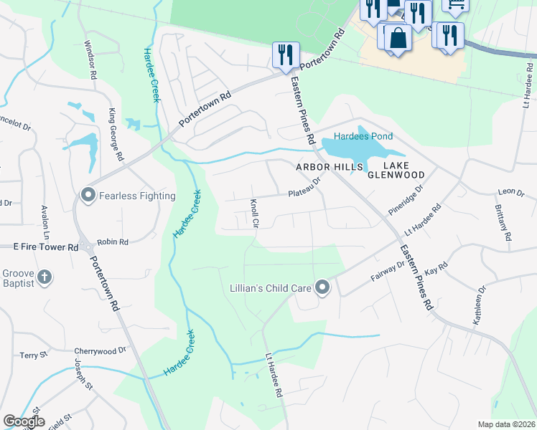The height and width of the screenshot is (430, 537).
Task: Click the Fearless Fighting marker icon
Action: tap(88, 195)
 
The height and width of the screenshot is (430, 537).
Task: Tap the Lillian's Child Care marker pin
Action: tap(322, 288)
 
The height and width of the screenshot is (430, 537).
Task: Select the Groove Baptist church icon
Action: tap(45, 277)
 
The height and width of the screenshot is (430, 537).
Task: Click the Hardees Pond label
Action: tap(362, 137)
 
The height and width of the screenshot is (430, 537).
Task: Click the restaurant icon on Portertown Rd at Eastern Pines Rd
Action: tap(285, 54)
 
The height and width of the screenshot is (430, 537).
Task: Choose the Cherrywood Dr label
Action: tap(100, 351)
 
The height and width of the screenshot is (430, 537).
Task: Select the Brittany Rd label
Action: tap(503, 222)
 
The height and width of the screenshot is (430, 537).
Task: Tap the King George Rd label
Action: tap(116, 134)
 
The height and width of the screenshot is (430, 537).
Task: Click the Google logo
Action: tap(24, 421)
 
